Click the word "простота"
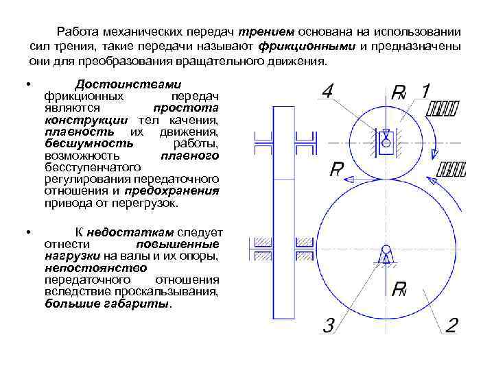tap(186, 108)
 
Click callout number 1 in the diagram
tap(425, 91)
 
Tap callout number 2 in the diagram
tap(451, 324)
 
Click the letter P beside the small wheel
tap(337, 169)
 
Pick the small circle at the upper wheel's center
tap(386, 145)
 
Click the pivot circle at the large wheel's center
tap(386, 250)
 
